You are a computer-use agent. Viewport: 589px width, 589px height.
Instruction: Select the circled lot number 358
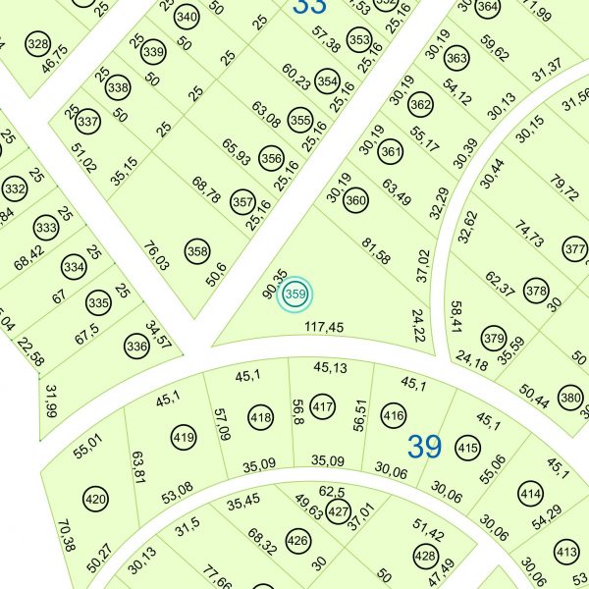pyautogui.click(x=198, y=251)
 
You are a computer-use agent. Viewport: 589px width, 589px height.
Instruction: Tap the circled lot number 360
pyautogui.click(x=356, y=201)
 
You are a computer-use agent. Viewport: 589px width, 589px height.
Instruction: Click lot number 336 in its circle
pyautogui.click(x=136, y=346)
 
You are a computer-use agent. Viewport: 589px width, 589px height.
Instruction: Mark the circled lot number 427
pyautogui.click(x=339, y=512)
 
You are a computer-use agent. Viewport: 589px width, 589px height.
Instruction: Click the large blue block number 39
pyautogui.click(x=424, y=447)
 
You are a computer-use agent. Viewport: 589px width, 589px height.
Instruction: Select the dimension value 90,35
pyautogui.click(x=274, y=284)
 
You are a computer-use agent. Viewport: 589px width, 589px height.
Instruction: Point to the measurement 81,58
pyautogui.click(x=376, y=251)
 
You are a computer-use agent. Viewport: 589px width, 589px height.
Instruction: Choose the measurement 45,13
pyautogui.click(x=330, y=368)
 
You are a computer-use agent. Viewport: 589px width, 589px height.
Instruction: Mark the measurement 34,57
pyautogui.click(x=158, y=335)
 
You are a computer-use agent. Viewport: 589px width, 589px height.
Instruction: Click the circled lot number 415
pyautogui.click(x=468, y=448)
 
